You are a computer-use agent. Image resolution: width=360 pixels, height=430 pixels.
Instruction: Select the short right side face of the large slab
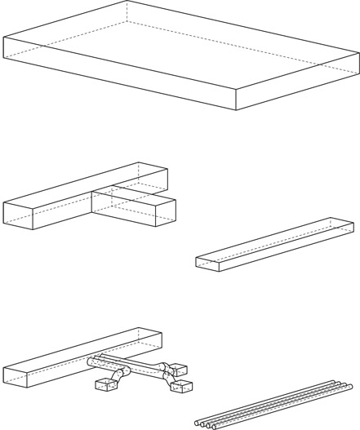pyautogui.click(x=298, y=82)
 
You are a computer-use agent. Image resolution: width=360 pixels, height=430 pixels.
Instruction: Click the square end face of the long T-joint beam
pyautogui.click(x=18, y=215)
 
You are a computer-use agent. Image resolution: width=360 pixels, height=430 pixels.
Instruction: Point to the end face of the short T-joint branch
pyautogui.click(x=166, y=211)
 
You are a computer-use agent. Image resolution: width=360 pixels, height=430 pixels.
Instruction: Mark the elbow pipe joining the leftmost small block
pyautogui.click(x=120, y=376)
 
